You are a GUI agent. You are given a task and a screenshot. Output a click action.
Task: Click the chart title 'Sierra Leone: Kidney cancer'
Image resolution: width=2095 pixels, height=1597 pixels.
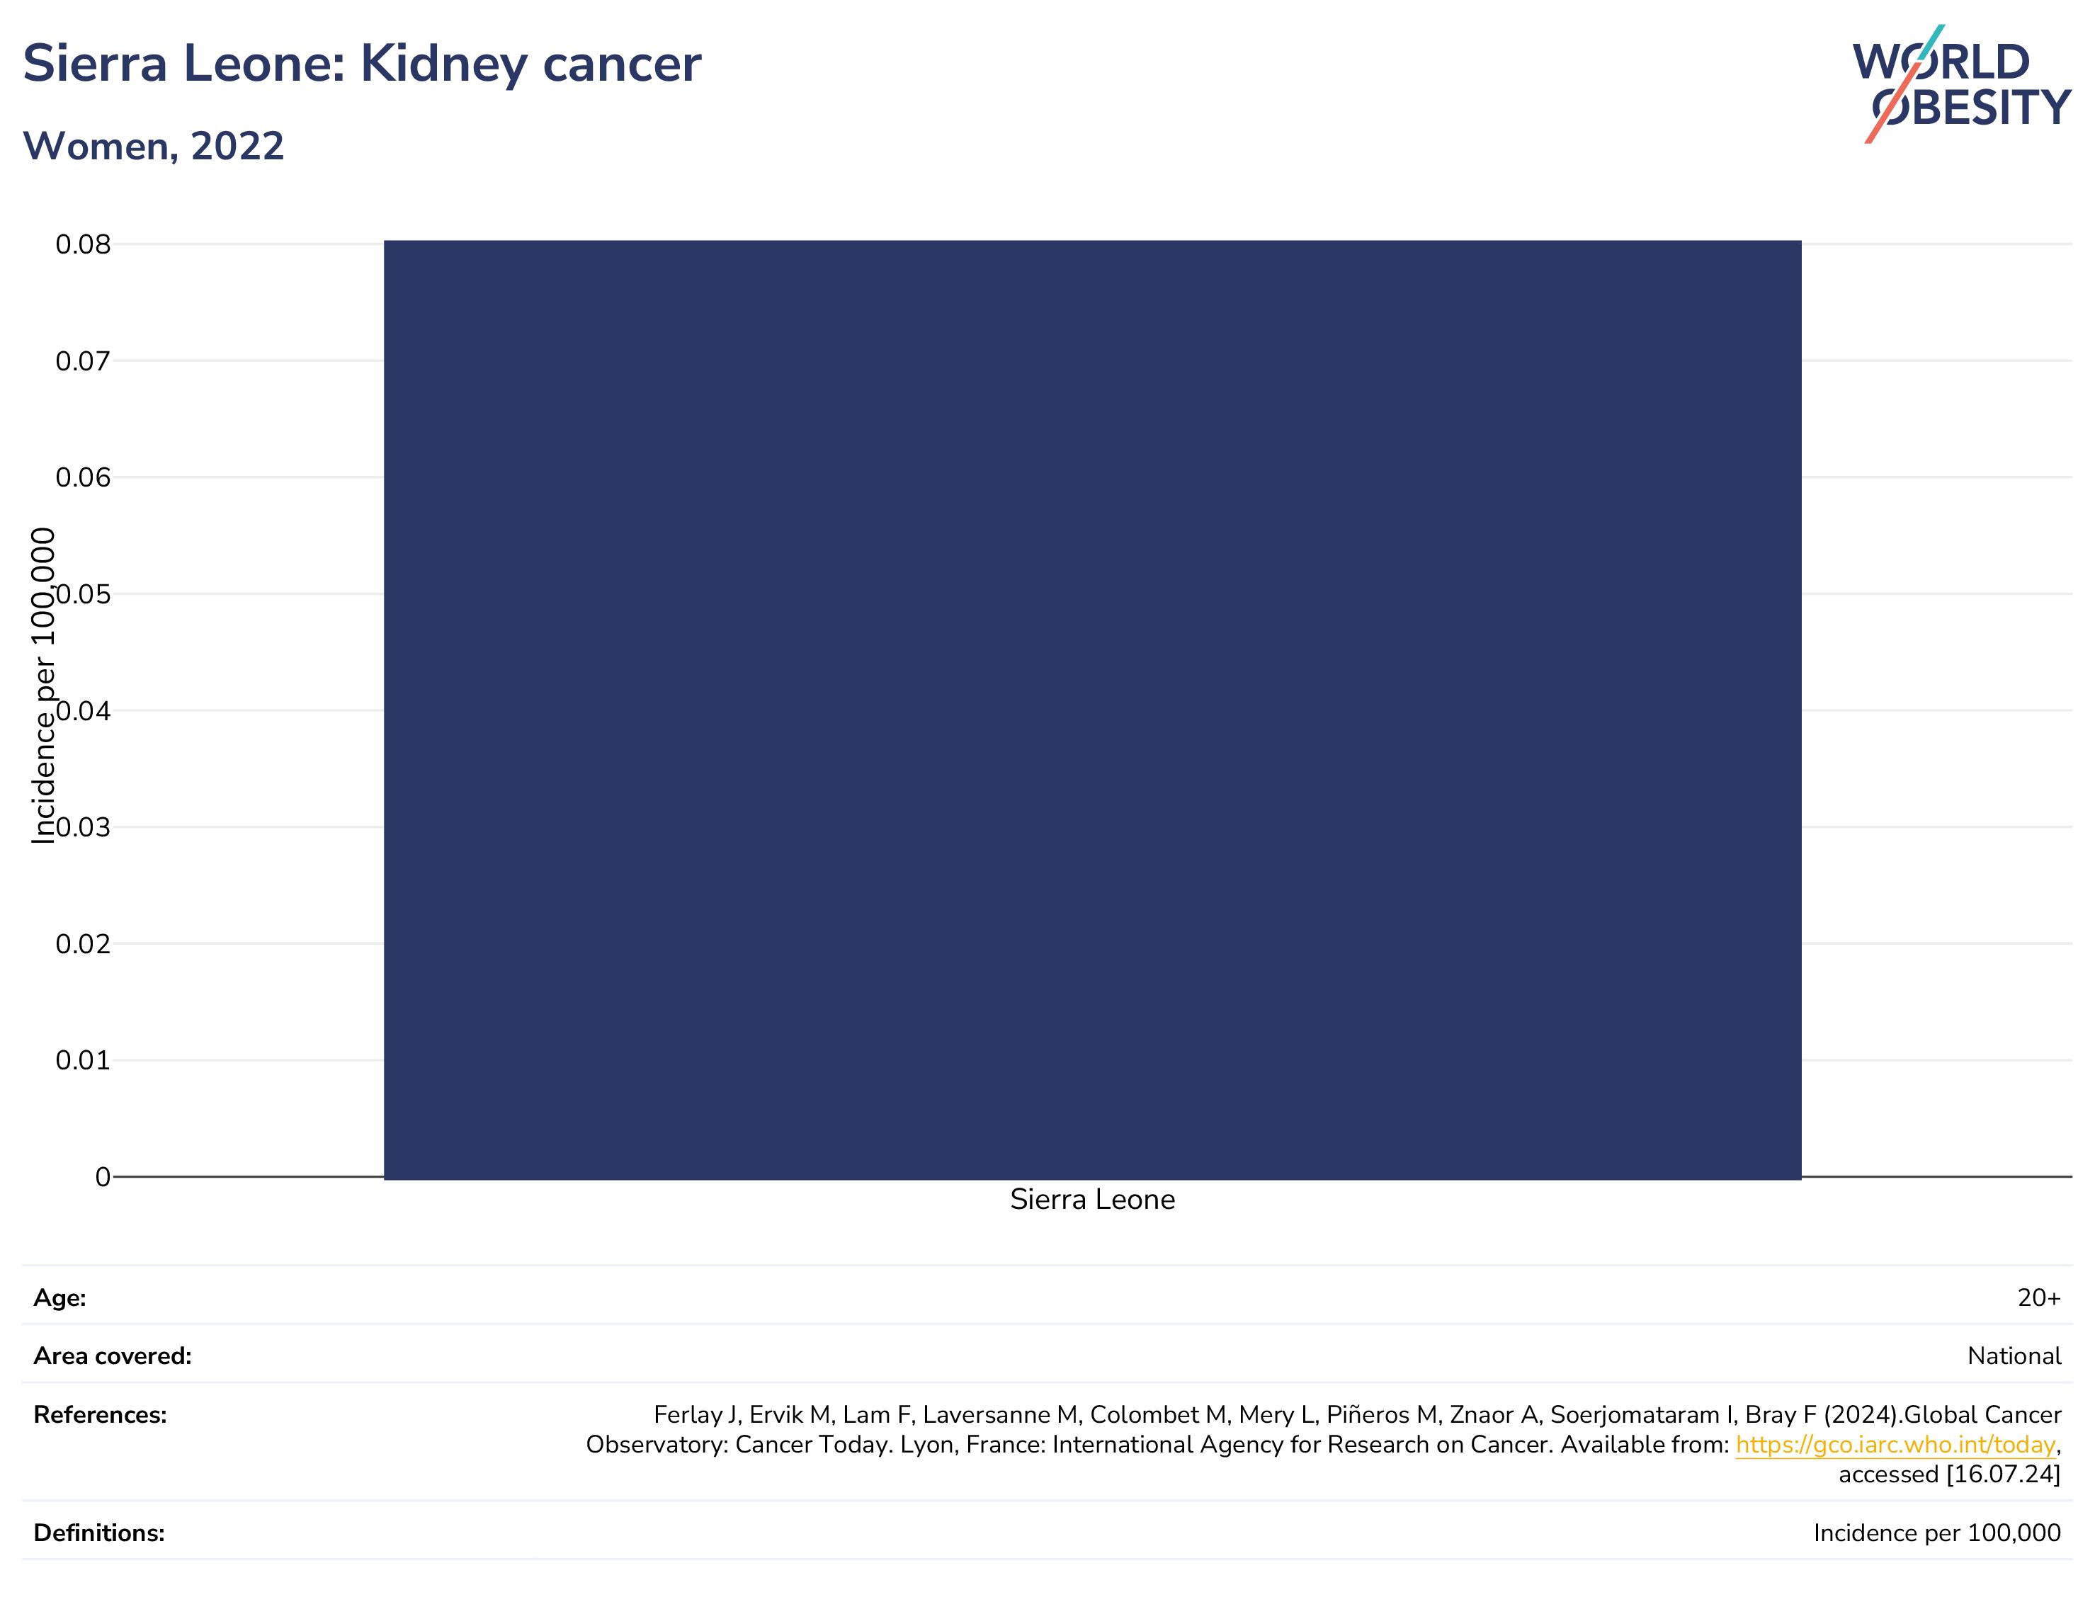(361, 64)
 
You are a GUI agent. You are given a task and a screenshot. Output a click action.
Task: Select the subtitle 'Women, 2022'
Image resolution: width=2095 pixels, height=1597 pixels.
(153, 147)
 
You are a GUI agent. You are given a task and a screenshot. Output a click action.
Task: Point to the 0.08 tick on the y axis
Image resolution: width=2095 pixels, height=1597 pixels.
(83, 244)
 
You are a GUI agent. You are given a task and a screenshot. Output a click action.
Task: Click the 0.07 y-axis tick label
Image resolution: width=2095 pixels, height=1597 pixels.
(83, 361)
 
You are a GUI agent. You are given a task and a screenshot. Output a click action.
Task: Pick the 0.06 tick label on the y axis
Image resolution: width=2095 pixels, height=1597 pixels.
(83, 477)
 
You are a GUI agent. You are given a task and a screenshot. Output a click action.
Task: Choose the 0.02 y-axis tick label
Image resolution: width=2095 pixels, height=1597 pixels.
(83, 944)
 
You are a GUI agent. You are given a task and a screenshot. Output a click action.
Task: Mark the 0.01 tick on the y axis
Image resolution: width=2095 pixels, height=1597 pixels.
(83, 1060)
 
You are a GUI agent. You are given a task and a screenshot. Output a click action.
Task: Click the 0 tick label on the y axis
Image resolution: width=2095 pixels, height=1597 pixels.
(103, 1177)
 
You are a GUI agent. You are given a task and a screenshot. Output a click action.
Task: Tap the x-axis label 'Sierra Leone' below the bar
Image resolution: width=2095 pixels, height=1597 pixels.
(1092, 1200)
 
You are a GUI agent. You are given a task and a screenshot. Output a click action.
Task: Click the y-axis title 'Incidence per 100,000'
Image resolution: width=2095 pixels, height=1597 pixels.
(44, 686)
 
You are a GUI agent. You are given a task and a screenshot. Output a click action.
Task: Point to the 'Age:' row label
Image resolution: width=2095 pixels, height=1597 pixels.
(60, 1299)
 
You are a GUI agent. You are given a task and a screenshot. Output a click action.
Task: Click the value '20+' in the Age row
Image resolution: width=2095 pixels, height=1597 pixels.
(2039, 1299)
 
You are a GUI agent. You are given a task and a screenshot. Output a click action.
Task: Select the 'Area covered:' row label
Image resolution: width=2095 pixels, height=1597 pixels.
(112, 1356)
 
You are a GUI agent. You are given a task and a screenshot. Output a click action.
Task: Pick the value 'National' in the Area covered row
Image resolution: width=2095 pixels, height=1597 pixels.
(2014, 1356)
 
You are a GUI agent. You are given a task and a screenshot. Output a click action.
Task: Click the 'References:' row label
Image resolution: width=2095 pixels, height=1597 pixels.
(100, 1416)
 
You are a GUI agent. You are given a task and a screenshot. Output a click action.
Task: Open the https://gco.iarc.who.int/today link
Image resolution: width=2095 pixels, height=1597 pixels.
(1895, 1445)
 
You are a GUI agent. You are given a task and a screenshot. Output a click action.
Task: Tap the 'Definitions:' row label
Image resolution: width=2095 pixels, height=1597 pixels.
(99, 1533)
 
